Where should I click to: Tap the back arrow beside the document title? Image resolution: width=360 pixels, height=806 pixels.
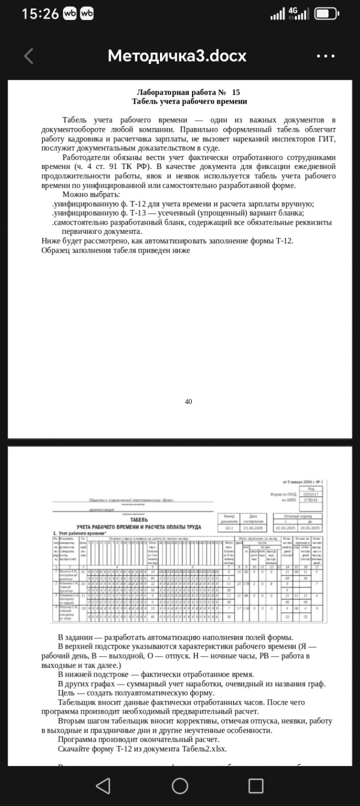coord(28,56)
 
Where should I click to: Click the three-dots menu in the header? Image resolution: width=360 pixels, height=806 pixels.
coord(326,56)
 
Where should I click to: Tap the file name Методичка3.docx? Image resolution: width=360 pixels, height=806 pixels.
coord(177,56)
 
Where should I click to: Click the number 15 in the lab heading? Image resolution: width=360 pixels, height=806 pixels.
coord(236,92)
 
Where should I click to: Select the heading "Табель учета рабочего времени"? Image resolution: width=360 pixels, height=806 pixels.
coord(189,101)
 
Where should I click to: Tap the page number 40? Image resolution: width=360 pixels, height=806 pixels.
coord(188,401)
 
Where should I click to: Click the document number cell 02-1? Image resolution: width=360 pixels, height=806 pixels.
coord(229,528)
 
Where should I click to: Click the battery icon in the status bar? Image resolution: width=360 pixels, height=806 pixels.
coord(327,14)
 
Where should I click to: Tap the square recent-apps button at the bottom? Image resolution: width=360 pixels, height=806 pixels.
coord(256,786)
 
